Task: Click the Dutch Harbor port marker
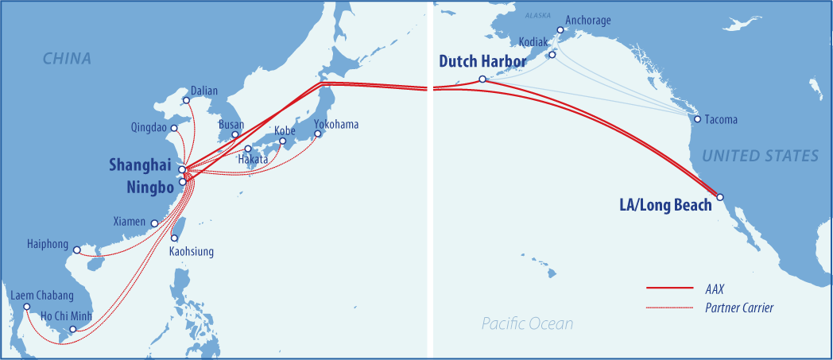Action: pyautogui.click(x=482, y=79)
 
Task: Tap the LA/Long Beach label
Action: pyautogui.click(x=665, y=205)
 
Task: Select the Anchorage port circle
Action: pyautogui.click(x=560, y=30)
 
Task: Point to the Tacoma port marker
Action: pyautogui.click(x=697, y=119)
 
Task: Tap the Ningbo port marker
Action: pyautogui.click(x=182, y=182)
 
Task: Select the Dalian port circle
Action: pyautogui.click(x=186, y=100)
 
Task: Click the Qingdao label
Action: pyautogui.click(x=150, y=127)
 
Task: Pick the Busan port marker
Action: pyautogui.click(x=234, y=134)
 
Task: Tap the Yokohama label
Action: pyautogui.click(x=336, y=125)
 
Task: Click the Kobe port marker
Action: pyautogui.click(x=282, y=141)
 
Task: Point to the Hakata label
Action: pyautogui.click(x=253, y=160)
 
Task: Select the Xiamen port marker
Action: pyautogui.click(x=154, y=224)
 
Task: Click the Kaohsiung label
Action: pyautogui.click(x=192, y=251)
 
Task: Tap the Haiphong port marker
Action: pyautogui.click(x=76, y=250)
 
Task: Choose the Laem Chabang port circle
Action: pyautogui.click(x=26, y=307)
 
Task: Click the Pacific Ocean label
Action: pyautogui.click(x=526, y=323)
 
